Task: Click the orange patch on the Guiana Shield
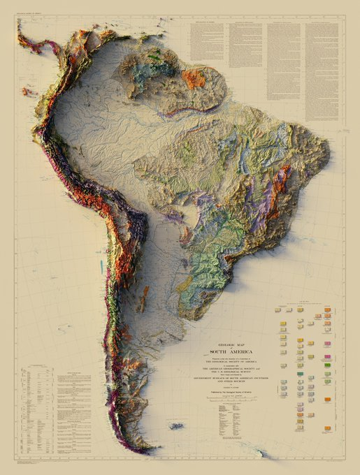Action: point(194,78)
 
